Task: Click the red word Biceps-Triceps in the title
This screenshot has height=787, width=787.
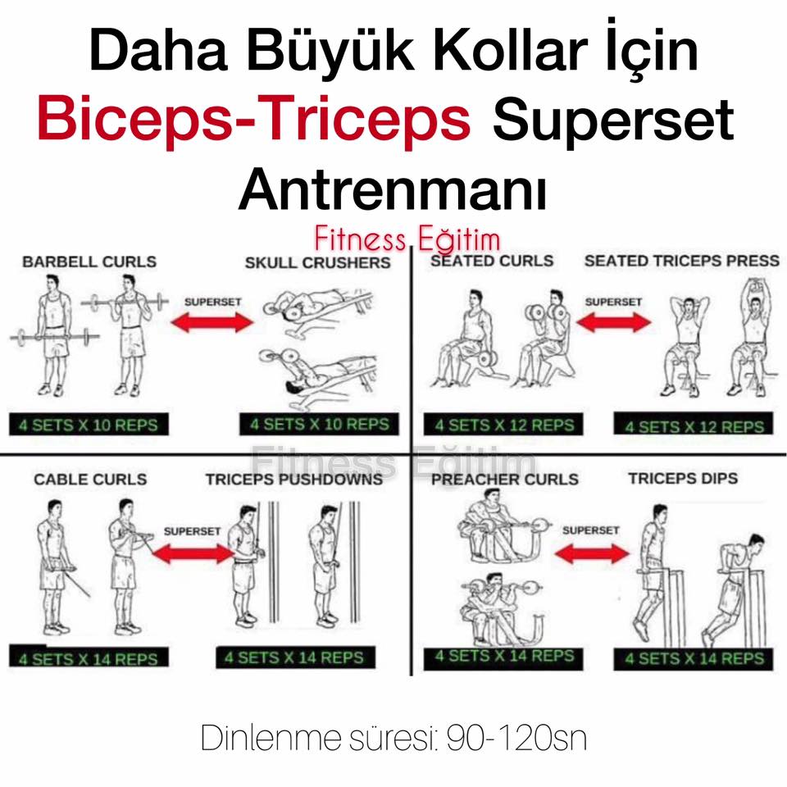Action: coord(254,121)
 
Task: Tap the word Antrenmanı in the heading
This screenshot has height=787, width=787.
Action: coord(393,189)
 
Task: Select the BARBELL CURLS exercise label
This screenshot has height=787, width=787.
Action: coord(89,262)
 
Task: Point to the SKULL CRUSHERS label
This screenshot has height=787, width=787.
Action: coord(318,262)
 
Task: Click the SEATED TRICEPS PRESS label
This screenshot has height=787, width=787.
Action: coord(682,261)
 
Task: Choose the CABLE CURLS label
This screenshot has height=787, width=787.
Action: coord(90,480)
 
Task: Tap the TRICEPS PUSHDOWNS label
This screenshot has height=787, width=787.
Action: coord(294,480)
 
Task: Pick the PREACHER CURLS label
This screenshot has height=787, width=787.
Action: coord(505,480)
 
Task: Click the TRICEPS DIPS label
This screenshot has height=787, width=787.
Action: coord(683,478)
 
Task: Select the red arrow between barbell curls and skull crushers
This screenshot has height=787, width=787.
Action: coord(212,322)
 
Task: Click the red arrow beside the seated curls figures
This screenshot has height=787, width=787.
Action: coord(614,322)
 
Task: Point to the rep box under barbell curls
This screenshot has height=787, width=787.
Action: coord(89,425)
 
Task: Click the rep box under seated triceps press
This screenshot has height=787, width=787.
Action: coord(694,426)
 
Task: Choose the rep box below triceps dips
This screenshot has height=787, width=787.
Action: coord(694,658)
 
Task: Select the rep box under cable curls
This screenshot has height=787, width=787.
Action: coord(89,657)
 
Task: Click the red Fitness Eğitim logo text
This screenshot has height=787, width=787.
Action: coord(407,239)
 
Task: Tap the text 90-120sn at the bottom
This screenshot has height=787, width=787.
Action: coord(517,739)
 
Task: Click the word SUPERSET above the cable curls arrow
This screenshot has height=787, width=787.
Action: coord(192,531)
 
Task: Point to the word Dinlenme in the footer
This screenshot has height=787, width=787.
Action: coord(271,739)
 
